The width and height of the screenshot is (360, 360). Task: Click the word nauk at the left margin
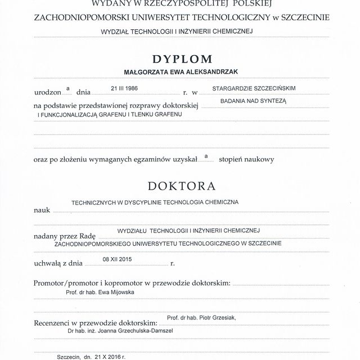[42, 209]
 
